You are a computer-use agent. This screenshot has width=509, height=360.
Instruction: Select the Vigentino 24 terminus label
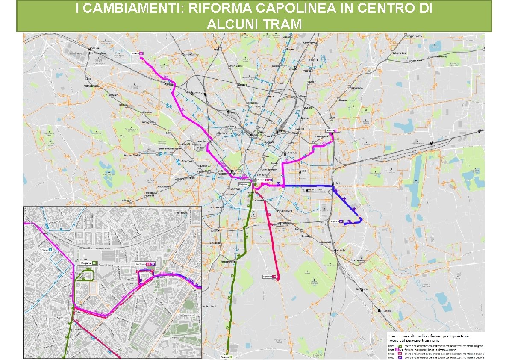pyautogui.click(x=270, y=277)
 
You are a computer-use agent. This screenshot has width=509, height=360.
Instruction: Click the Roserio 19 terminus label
pyautogui.click(x=137, y=53)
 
